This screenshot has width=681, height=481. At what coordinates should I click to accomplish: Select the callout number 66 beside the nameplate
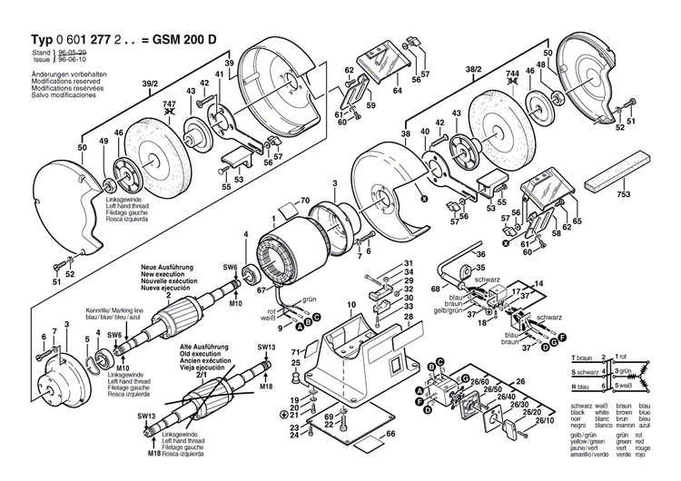pos(390,434)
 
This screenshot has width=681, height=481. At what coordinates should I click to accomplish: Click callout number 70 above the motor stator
pos(305,201)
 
